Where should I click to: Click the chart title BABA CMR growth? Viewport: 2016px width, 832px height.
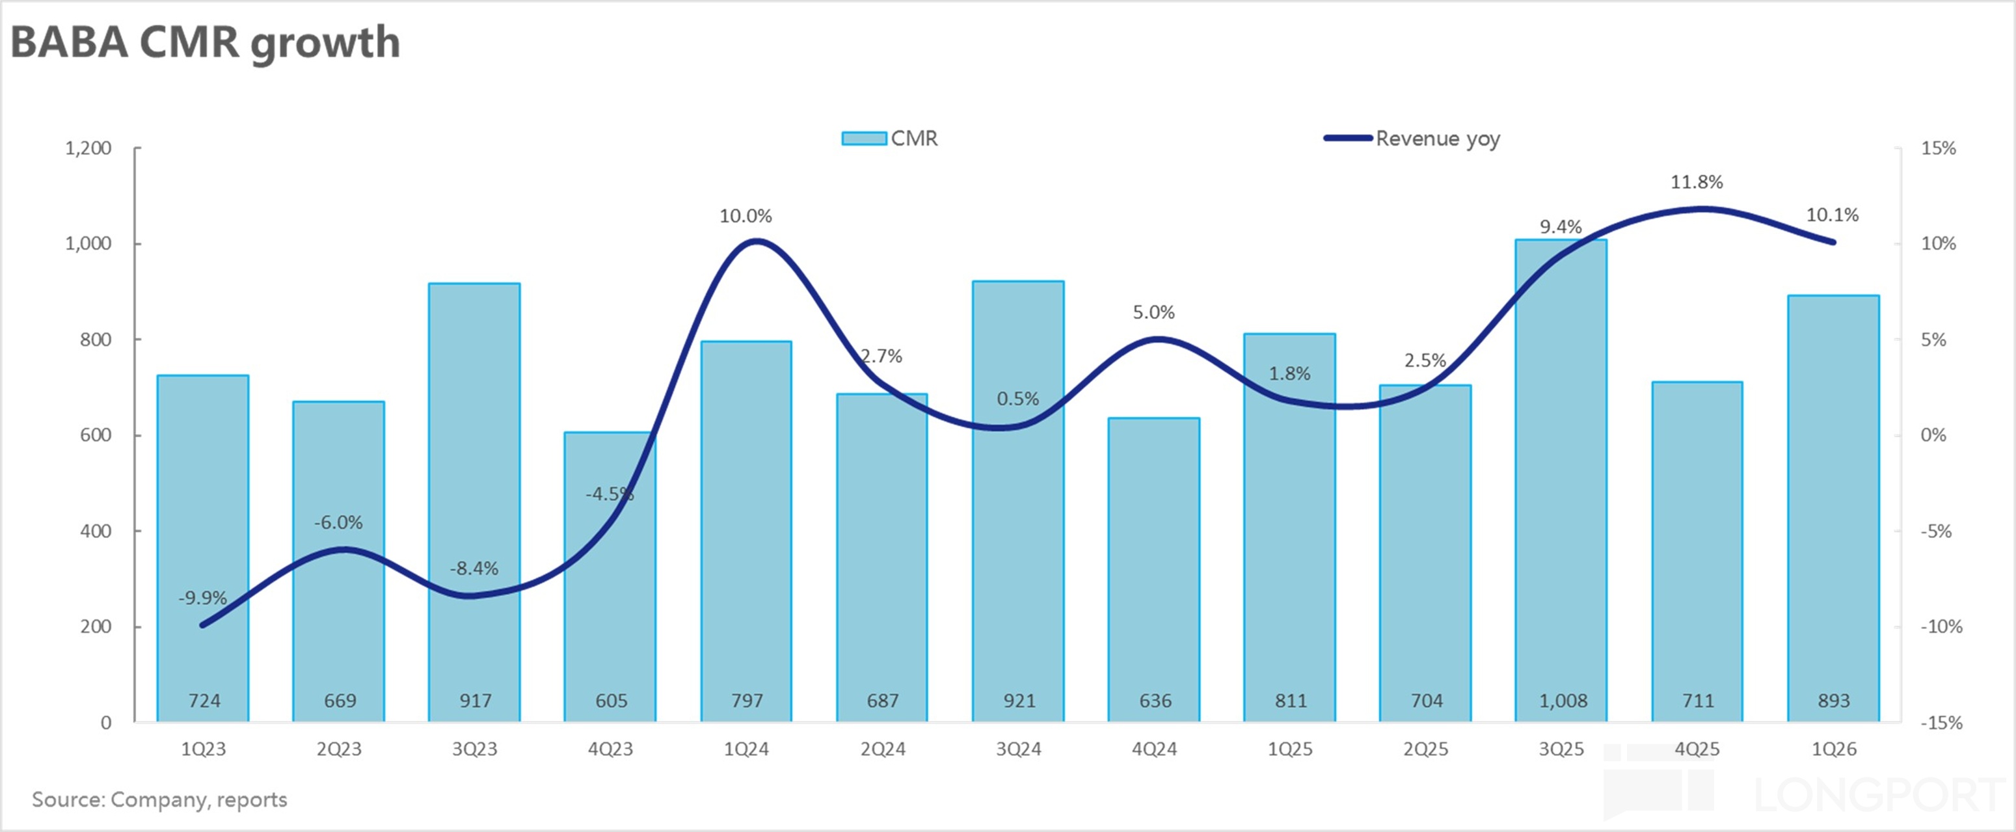(205, 42)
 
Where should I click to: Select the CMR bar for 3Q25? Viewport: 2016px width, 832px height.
(1561, 485)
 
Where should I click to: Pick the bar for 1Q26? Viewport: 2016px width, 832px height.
(1833, 509)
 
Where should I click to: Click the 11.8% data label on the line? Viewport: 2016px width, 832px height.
(1697, 182)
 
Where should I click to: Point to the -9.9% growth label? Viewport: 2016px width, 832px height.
(203, 598)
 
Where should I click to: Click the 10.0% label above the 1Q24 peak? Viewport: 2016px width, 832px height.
(746, 216)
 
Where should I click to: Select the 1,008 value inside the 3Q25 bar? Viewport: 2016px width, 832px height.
(1563, 701)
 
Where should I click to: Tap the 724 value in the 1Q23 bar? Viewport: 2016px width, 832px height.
(204, 701)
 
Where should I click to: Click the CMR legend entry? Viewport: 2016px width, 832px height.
(891, 139)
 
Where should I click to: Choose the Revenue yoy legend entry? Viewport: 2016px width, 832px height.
(1412, 139)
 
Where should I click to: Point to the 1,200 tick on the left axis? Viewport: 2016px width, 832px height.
(88, 148)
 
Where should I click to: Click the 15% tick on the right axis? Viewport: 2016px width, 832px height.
(1938, 148)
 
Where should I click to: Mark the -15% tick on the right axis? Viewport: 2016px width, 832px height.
(1941, 723)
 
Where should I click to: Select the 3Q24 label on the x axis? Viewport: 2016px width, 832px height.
(1018, 749)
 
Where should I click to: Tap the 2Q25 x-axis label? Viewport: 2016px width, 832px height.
(1425, 749)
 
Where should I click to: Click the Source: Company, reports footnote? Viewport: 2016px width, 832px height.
(159, 799)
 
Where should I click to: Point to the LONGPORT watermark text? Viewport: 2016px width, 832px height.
(1878, 794)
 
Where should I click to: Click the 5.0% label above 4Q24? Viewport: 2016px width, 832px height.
(1153, 312)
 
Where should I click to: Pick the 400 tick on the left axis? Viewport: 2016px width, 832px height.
(96, 531)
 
